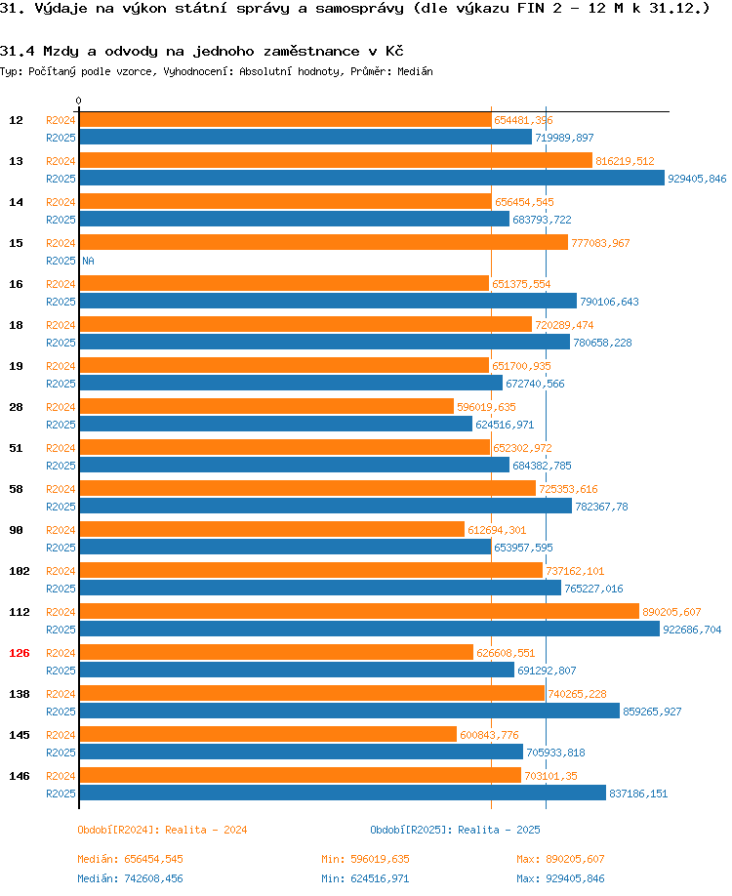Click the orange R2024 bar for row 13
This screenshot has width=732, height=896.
coord(336,161)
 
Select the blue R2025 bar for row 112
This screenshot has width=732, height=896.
coord(370,630)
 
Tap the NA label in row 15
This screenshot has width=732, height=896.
coord(88,261)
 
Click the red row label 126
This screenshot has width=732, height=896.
coord(20,653)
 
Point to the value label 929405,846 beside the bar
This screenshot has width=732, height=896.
coord(697,179)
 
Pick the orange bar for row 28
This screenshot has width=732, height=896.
coord(266,406)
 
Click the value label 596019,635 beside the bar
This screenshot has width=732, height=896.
coord(486,407)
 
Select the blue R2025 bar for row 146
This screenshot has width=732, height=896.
coord(343,794)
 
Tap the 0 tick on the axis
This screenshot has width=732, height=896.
coord(78,101)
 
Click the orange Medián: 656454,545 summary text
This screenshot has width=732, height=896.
coord(130,859)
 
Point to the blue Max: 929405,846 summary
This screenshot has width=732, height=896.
coord(560,878)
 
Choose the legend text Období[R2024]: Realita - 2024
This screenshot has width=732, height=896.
coord(162,830)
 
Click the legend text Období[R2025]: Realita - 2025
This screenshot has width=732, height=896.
coord(455,830)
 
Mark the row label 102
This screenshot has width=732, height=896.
coord(20,571)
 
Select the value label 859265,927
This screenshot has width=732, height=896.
coord(652,712)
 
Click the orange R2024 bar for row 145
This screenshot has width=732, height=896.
coord(268,734)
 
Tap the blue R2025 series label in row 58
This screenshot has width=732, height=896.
coord(61,507)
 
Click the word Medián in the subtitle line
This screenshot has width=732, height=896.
coord(416,71)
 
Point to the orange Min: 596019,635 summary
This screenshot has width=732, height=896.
coord(365,859)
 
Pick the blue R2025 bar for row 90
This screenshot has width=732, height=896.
coord(285,547)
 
